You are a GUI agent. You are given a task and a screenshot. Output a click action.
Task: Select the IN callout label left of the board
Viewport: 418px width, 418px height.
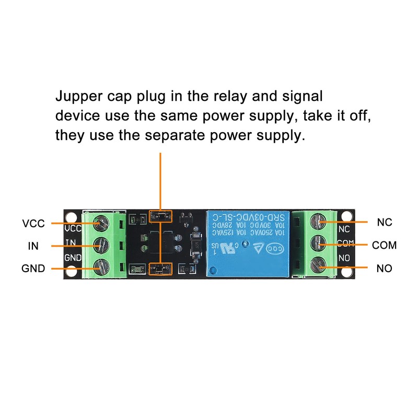coord(33,246)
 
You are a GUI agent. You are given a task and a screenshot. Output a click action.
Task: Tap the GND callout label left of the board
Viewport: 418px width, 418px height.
coord(33,269)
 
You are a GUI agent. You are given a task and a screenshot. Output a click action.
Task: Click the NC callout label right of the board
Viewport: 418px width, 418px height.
coord(384,222)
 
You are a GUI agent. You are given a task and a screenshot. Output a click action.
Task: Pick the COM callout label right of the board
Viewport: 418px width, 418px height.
coord(384,245)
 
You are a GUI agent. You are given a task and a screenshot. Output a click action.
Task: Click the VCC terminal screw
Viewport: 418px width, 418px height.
coord(101,224)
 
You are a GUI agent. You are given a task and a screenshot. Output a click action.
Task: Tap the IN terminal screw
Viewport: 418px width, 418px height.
coord(101,244)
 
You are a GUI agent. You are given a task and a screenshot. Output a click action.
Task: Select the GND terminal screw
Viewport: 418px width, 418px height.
coord(101,264)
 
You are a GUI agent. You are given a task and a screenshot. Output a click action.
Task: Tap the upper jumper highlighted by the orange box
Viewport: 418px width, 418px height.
coord(160,214)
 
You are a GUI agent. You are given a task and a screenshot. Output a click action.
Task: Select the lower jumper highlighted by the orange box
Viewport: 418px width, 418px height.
coord(160,269)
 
